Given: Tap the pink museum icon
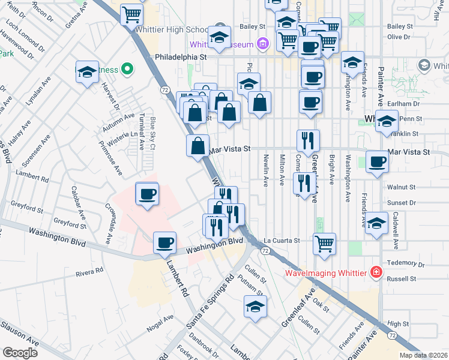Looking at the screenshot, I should pos(262,43).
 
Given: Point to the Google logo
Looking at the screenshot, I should pos(20,352).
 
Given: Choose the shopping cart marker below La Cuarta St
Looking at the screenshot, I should pos(324,243).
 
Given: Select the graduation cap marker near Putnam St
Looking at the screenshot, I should pos(255,306).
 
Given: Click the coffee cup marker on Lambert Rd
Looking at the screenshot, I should pos(164,242).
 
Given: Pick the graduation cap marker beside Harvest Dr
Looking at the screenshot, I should pos(87,72).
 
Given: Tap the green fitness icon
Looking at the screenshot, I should pos(126,70).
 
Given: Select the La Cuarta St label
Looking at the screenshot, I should pos(282,241).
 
